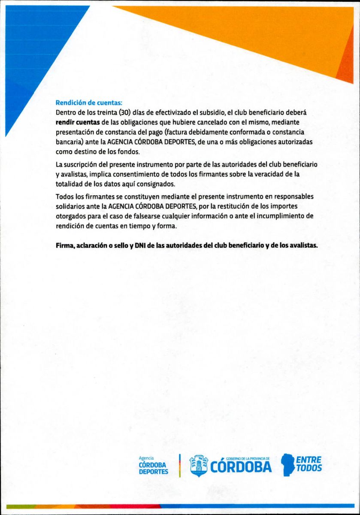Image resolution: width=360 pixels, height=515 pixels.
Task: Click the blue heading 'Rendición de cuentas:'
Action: point(89,103)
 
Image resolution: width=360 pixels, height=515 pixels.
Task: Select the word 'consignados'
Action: point(154,184)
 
